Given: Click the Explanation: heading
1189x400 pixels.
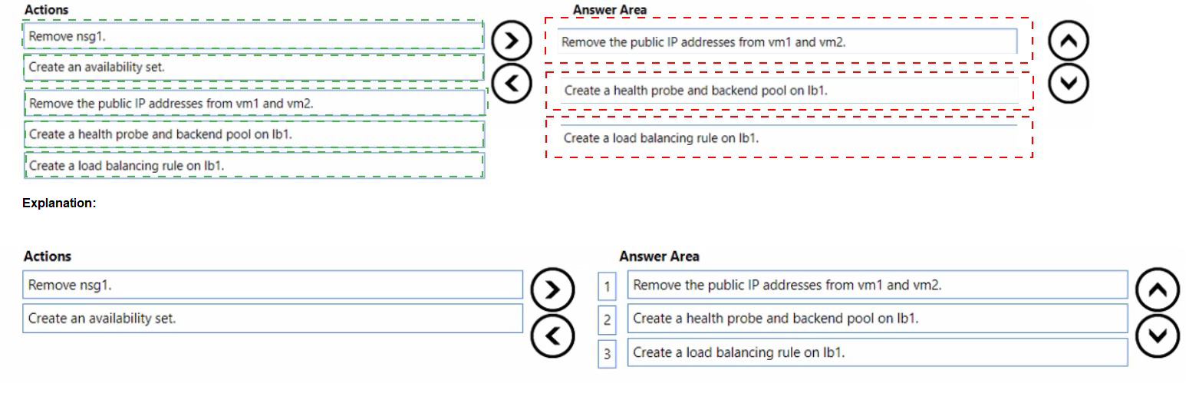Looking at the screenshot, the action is (x=59, y=203).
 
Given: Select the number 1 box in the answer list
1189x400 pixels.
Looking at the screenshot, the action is (x=607, y=287).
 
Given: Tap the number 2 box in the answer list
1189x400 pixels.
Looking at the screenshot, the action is (x=607, y=320).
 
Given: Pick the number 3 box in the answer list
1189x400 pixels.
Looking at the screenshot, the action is (x=607, y=354).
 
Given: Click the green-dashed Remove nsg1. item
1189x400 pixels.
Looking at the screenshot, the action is (x=252, y=35).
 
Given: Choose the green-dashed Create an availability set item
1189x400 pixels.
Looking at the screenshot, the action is (x=253, y=67).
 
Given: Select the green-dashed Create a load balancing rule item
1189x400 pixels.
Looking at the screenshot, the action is (x=254, y=165).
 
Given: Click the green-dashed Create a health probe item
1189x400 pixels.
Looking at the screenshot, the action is (x=254, y=134).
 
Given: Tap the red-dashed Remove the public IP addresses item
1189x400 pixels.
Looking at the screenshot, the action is (x=789, y=41).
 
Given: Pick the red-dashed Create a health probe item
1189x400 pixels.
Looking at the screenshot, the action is (x=789, y=91).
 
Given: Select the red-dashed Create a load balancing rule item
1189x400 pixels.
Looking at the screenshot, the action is (x=789, y=137).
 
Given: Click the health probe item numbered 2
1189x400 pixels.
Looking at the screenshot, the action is (x=878, y=318).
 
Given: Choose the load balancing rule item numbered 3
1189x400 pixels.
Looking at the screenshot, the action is (x=878, y=352).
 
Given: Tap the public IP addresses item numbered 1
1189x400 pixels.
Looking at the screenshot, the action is (x=878, y=285).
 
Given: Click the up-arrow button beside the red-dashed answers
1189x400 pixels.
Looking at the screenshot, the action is (x=1068, y=41).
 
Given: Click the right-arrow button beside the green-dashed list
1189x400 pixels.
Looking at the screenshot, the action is (x=511, y=41).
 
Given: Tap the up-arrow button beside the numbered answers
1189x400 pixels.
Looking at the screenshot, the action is (x=1157, y=289).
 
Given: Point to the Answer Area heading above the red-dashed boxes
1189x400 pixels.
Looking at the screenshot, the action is (x=609, y=10).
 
